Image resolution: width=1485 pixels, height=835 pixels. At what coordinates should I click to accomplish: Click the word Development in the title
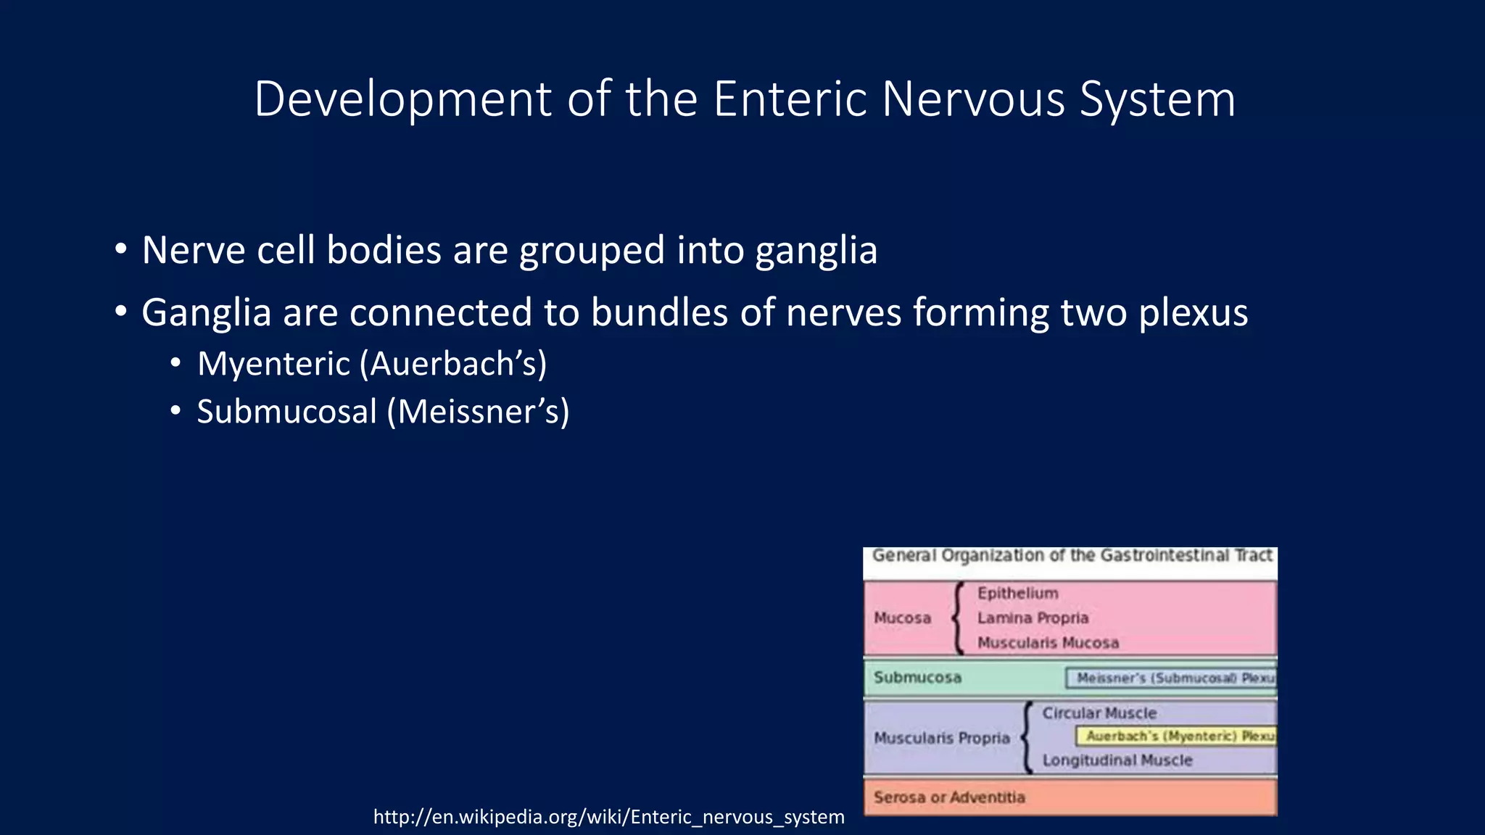402,100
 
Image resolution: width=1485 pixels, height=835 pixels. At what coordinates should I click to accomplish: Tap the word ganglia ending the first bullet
816,251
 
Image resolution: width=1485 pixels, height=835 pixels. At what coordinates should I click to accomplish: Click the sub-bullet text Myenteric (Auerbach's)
372,363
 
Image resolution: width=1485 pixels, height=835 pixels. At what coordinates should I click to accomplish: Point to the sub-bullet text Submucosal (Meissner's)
383,412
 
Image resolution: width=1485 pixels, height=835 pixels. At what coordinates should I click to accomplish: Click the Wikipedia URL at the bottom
608,817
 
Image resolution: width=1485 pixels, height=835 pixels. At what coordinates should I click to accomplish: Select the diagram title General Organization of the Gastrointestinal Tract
1072,556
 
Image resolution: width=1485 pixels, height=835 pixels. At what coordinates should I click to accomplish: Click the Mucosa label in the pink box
902,618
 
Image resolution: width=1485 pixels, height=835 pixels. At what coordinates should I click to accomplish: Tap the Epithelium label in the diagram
1017,594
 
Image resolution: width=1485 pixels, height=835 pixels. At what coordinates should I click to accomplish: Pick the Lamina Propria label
1033,618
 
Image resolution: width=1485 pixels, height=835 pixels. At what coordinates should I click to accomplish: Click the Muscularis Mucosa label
1048,643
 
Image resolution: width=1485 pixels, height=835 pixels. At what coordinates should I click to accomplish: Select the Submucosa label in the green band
917,678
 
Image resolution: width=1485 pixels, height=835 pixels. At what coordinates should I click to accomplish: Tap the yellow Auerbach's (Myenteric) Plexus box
1176,736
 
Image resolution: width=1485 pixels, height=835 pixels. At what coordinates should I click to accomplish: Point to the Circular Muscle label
1099,713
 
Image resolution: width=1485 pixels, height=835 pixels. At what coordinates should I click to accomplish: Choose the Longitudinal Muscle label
1117,760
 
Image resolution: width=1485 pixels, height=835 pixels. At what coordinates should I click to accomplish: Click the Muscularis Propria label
941,738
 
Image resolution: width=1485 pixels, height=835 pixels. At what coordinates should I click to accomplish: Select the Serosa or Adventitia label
949,797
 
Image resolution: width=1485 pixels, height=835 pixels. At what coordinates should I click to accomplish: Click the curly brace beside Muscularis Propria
1026,738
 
